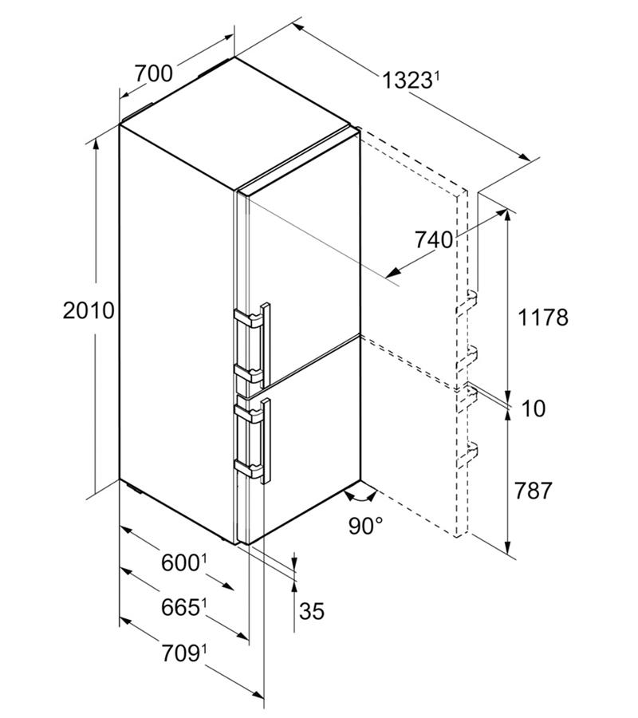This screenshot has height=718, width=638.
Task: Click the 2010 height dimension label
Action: point(89,311)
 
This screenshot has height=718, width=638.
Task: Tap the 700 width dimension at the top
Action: point(154,73)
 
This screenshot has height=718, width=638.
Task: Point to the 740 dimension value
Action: point(433,239)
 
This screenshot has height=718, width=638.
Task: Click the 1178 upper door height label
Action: point(543,317)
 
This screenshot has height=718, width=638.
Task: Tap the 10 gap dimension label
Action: point(534,408)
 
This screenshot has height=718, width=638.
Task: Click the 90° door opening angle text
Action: point(366,526)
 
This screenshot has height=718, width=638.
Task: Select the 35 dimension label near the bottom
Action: point(312,610)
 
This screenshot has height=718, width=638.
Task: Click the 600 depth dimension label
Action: point(180,562)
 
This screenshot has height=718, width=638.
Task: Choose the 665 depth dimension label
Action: point(180,608)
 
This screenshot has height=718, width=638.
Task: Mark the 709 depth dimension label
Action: point(180,653)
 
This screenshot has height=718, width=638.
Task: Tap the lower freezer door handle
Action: point(266,440)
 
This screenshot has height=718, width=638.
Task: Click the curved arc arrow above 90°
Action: point(361,497)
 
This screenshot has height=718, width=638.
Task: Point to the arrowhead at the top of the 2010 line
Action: point(96,144)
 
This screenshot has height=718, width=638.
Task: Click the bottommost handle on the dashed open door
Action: point(467,453)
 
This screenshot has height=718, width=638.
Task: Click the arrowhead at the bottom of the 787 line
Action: point(507,547)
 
